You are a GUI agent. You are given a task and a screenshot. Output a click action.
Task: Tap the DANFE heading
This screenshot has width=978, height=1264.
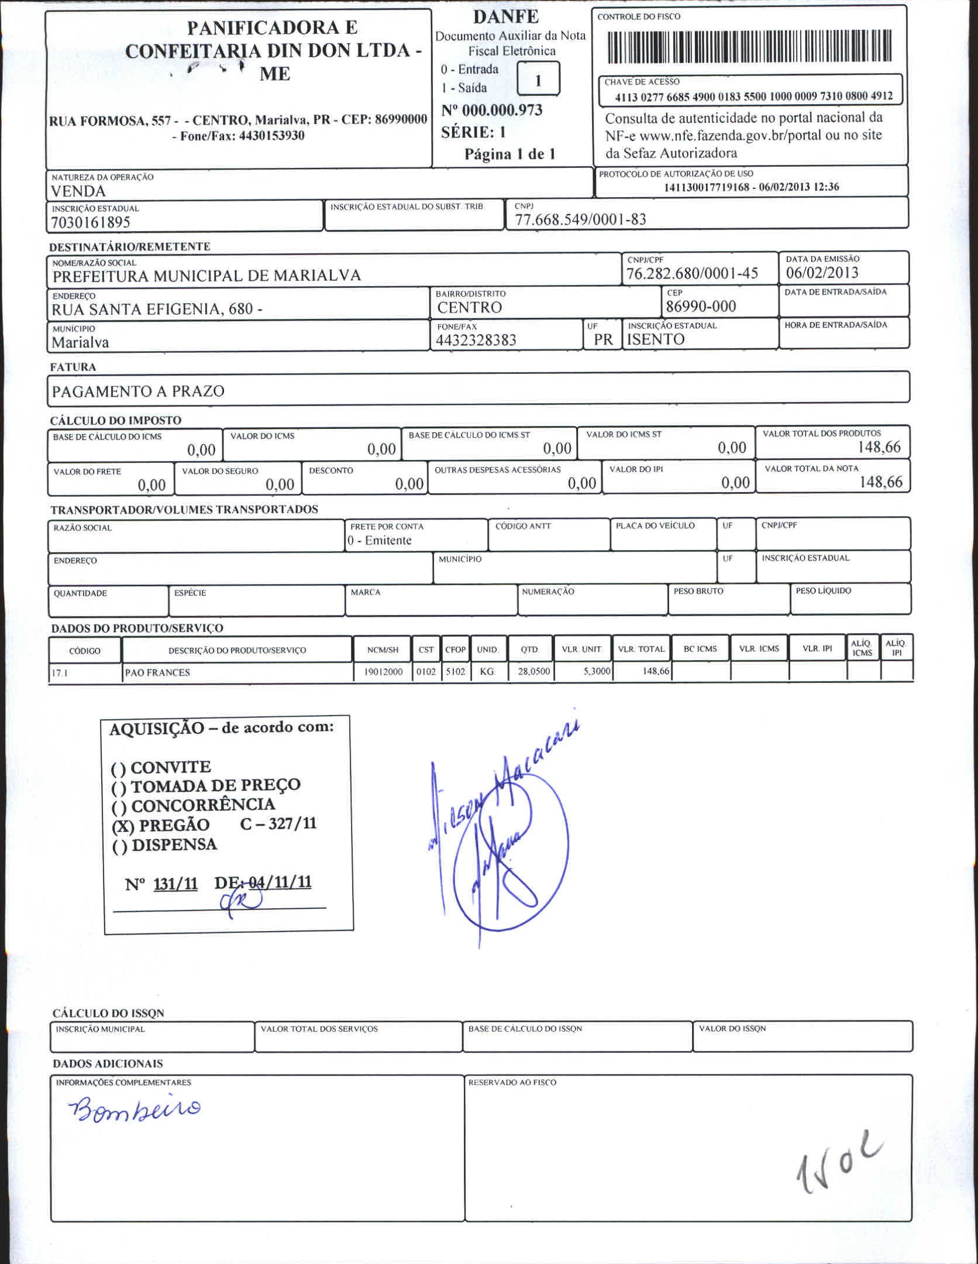(x=505, y=16)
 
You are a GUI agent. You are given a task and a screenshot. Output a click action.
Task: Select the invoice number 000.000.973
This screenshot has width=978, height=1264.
(x=502, y=110)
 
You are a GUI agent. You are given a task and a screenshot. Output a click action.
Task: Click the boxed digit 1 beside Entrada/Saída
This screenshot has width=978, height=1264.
(x=538, y=79)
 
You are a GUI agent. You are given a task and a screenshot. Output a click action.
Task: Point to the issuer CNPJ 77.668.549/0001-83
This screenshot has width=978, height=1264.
(x=580, y=219)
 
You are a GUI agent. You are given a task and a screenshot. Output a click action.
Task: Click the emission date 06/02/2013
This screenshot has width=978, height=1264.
(x=822, y=273)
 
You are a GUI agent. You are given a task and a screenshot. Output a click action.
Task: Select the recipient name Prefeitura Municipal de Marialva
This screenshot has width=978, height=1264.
(x=206, y=276)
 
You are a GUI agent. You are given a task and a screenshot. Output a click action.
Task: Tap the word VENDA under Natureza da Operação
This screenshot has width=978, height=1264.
(x=78, y=191)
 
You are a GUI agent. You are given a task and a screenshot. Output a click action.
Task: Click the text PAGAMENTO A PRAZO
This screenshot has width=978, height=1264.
(x=138, y=391)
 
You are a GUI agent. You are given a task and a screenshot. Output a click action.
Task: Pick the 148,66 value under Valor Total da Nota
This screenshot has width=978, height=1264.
(x=881, y=482)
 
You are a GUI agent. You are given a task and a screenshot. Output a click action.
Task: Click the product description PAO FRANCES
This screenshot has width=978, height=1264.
(x=157, y=672)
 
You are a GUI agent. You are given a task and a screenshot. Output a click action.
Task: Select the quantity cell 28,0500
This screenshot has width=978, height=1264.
(x=533, y=672)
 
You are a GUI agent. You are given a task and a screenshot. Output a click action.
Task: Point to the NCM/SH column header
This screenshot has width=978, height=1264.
(x=383, y=650)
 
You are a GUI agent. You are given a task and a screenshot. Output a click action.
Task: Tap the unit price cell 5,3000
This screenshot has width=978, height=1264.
(x=597, y=672)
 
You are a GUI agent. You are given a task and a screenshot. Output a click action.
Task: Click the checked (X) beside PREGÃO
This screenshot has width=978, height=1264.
(x=123, y=826)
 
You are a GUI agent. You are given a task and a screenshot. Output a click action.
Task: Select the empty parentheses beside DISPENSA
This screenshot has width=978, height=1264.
(x=119, y=847)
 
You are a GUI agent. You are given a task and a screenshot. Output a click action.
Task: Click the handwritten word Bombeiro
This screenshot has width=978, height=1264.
(x=135, y=1108)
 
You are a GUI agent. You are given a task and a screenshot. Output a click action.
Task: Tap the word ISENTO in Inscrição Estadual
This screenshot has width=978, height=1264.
(x=655, y=340)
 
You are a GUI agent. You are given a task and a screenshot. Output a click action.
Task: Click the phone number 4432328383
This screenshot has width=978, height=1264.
(x=476, y=341)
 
